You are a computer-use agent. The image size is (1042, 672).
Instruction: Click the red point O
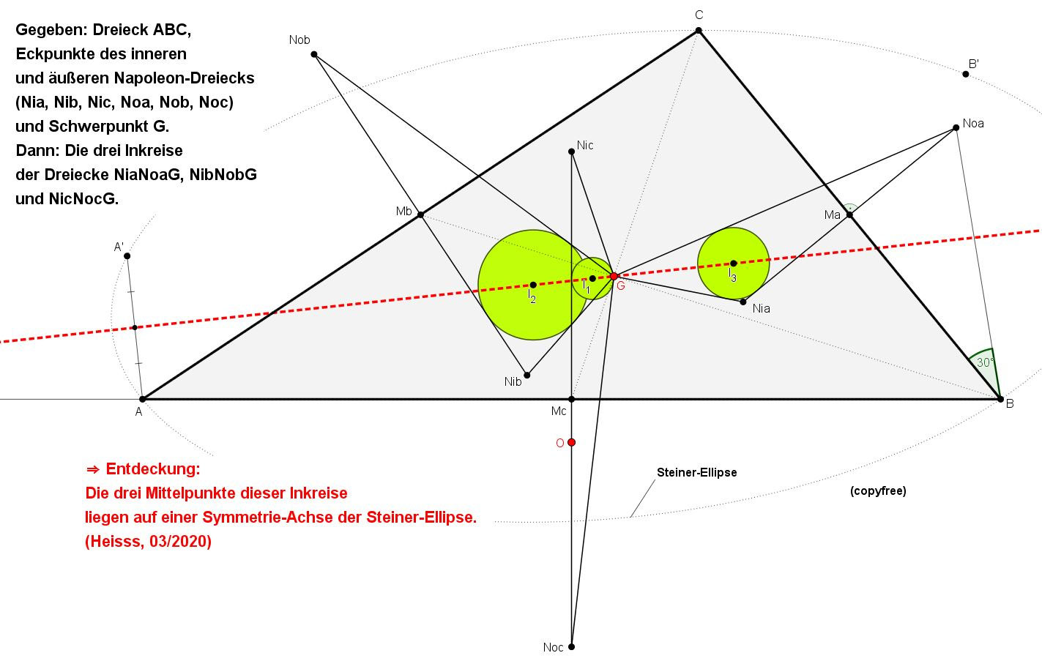click(572, 442)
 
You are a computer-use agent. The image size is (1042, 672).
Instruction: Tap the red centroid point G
click(614, 276)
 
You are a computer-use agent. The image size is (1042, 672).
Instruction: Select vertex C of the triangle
click(699, 31)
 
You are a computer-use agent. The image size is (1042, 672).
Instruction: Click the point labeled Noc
click(572, 646)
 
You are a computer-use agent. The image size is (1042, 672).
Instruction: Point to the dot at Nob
click(314, 54)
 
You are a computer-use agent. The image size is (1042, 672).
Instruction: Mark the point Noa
click(956, 128)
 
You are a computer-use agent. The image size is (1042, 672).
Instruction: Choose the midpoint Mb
click(420, 215)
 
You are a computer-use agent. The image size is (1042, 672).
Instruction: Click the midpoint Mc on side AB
click(572, 399)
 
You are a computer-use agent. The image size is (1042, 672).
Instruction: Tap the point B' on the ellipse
click(966, 75)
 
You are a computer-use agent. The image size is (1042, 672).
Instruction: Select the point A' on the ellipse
click(127, 256)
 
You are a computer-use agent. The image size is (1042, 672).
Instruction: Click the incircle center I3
click(734, 264)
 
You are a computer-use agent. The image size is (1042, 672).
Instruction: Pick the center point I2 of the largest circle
click(533, 285)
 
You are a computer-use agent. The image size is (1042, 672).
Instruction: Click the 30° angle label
click(985, 362)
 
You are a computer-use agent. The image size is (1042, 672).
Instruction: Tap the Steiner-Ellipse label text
click(697, 472)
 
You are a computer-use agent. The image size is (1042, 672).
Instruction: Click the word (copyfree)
click(878, 491)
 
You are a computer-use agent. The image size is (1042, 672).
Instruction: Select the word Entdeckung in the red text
click(153, 468)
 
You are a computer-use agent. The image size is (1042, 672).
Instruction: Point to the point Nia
click(743, 302)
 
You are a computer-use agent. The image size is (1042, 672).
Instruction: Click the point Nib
click(527, 375)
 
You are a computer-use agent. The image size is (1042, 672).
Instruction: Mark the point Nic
click(572, 152)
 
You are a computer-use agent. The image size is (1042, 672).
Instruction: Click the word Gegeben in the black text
click(51, 30)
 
